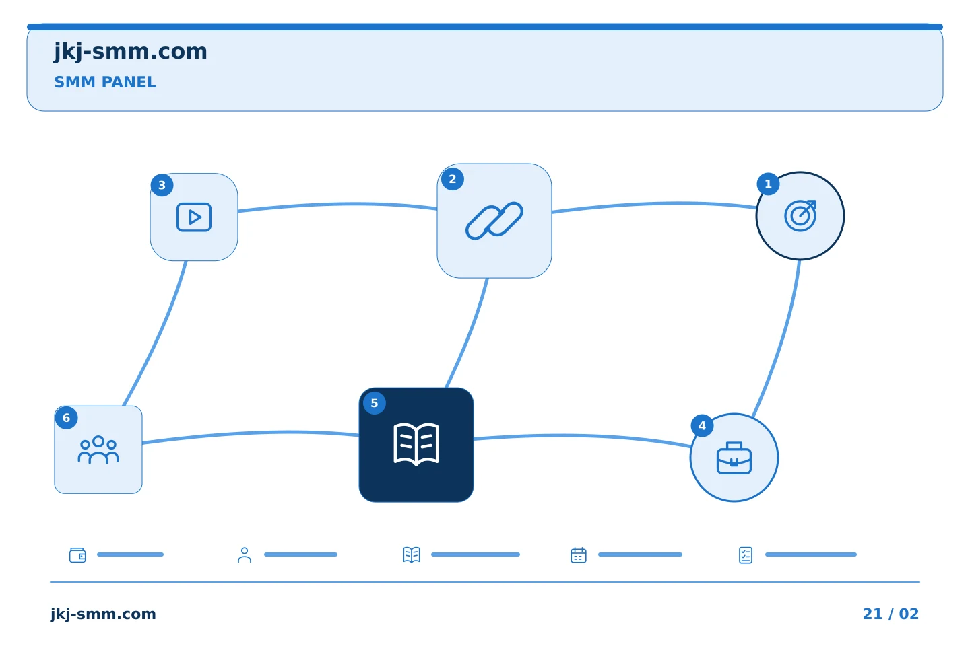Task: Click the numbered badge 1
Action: tap(768, 184)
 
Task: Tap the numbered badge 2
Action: tap(453, 179)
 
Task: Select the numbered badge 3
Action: tap(162, 186)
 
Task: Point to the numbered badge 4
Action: tap(702, 426)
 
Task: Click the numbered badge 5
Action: tap(375, 403)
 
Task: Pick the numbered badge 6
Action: tap(66, 418)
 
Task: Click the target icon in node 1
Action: tap(800, 216)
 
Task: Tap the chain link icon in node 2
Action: tap(494, 221)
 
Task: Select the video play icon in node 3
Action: tap(194, 217)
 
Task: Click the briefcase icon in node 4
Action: tap(734, 458)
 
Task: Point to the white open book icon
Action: tap(416, 444)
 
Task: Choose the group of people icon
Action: tap(98, 450)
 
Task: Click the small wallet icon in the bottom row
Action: tap(78, 555)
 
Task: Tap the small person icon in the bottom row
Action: tap(245, 555)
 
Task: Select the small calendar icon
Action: tap(579, 555)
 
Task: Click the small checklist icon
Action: tap(746, 555)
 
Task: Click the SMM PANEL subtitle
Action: tap(105, 82)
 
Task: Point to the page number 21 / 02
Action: tap(891, 614)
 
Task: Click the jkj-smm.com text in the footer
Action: tap(103, 614)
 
